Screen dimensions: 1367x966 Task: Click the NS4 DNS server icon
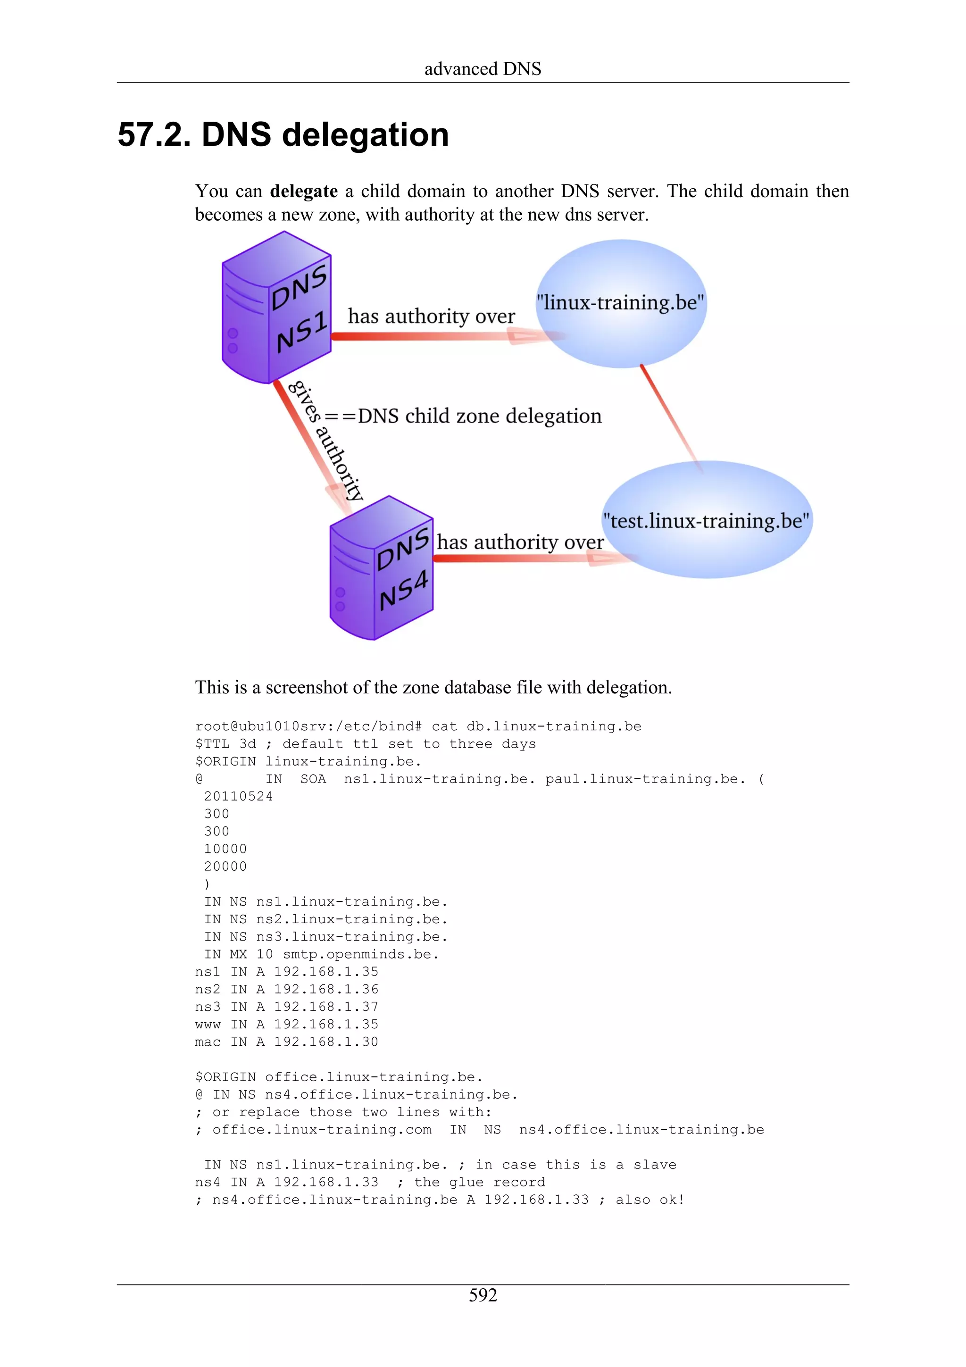point(381,568)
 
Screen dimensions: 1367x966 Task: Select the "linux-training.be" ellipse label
point(620,302)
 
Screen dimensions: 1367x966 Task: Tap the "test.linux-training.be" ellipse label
point(706,520)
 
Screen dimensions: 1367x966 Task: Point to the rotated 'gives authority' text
point(325,440)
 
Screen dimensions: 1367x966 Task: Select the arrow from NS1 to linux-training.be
point(434,336)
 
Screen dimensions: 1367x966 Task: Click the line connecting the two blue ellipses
point(671,417)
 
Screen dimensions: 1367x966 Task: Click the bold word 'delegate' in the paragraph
point(304,191)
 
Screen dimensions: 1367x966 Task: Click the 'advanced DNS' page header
point(483,69)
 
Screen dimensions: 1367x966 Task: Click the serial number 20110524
point(238,797)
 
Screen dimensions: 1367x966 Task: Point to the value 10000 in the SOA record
point(225,849)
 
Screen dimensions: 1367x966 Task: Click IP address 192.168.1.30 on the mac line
point(325,1042)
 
